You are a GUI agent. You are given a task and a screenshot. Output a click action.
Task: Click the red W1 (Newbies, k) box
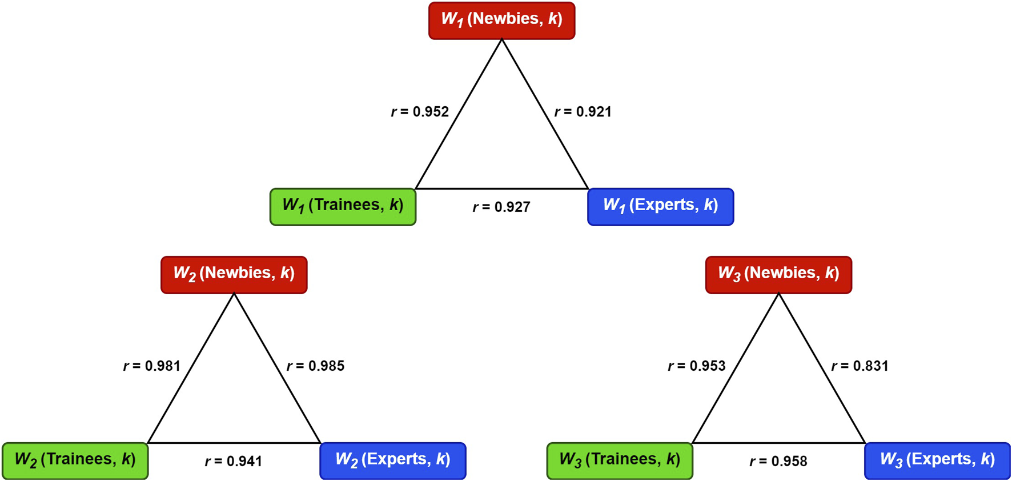pyautogui.click(x=501, y=21)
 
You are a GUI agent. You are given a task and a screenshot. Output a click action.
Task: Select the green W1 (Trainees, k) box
pyautogui.click(x=343, y=207)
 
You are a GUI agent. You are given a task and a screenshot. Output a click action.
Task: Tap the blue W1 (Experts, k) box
pyautogui.click(x=660, y=207)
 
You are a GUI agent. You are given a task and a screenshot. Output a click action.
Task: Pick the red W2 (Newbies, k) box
pyautogui.click(x=234, y=275)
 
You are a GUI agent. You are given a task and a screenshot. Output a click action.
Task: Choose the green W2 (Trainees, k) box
pyautogui.click(x=75, y=460)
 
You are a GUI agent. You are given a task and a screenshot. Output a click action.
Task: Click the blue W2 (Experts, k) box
pyautogui.click(x=393, y=460)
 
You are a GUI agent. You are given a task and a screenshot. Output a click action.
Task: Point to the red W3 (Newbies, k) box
pyautogui.click(x=778, y=275)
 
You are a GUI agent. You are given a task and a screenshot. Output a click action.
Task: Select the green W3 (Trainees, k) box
pyautogui.click(x=620, y=460)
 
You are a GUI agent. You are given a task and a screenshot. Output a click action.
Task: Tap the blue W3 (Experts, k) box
pyautogui.click(x=937, y=460)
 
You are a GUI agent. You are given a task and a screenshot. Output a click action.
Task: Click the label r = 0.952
pyautogui.click(x=420, y=112)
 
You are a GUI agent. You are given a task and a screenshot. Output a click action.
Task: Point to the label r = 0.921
pyautogui.click(x=583, y=112)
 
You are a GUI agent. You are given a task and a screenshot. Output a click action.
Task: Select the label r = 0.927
pyautogui.click(x=501, y=207)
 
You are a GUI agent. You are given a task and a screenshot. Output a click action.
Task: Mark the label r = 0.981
pyautogui.click(x=152, y=366)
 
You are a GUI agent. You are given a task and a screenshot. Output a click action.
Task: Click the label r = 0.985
pyautogui.click(x=316, y=366)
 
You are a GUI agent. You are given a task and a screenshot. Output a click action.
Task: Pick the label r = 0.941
pyautogui.click(x=234, y=462)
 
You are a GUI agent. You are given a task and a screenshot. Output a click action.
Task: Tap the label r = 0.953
pyautogui.click(x=697, y=366)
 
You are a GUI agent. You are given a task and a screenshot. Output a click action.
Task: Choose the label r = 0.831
pyautogui.click(x=860, y=366)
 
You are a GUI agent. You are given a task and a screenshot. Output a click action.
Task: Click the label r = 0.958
pyautogui.click(x=778, y=462)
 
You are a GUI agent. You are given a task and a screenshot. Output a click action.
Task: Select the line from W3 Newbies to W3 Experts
pyautogui.click(x=822, y=368)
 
